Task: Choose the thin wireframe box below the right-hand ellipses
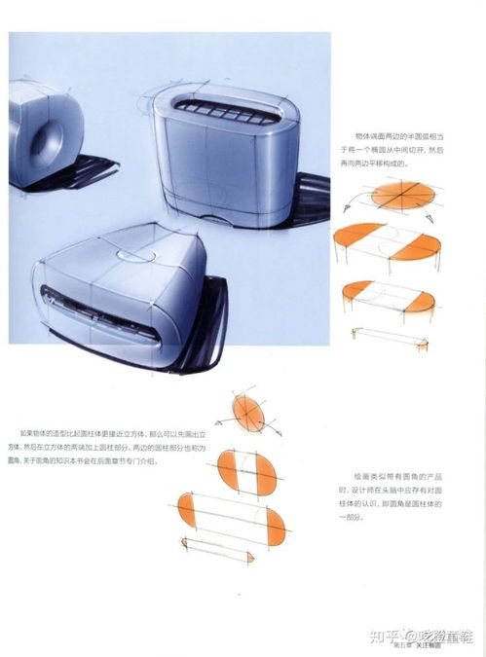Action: point(391,336)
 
